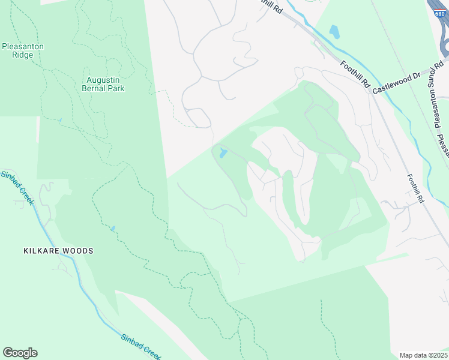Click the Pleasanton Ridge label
(x=22, y=50)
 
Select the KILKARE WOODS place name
(x=59, y=250)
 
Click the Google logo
(x=20, y=353)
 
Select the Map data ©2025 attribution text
(x=424, y=355)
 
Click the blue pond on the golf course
(x=223, y=153)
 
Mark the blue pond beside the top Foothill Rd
(x=334, y=32)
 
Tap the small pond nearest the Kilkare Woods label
(x=112, y=229)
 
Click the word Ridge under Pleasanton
(x=22, y=55)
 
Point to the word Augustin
(x=103, y=79)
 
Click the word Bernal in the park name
(x=93, y=88)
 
